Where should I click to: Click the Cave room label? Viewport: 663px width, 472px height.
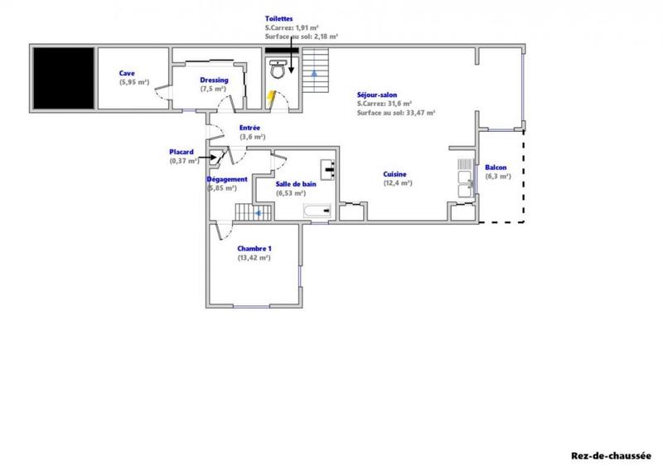[126, 73]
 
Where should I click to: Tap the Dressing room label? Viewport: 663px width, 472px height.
[214, 80]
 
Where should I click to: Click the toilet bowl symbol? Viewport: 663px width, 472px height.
[279, 72]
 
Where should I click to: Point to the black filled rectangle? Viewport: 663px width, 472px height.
[63, 76]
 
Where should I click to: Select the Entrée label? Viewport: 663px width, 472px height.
[251, 128]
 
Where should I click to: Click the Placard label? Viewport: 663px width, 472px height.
[181, 152]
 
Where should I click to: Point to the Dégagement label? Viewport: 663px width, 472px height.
[227, 179]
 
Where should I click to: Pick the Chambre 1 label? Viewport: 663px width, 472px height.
[254, 248]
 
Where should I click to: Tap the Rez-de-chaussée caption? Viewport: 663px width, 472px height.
[612, 455]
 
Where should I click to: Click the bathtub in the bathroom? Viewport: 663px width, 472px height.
[318, 212]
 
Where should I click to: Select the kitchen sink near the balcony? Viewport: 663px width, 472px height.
[463, 176]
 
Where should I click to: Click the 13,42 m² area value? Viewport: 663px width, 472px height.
[254, 258]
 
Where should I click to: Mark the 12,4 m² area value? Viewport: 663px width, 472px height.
[397, 183]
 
